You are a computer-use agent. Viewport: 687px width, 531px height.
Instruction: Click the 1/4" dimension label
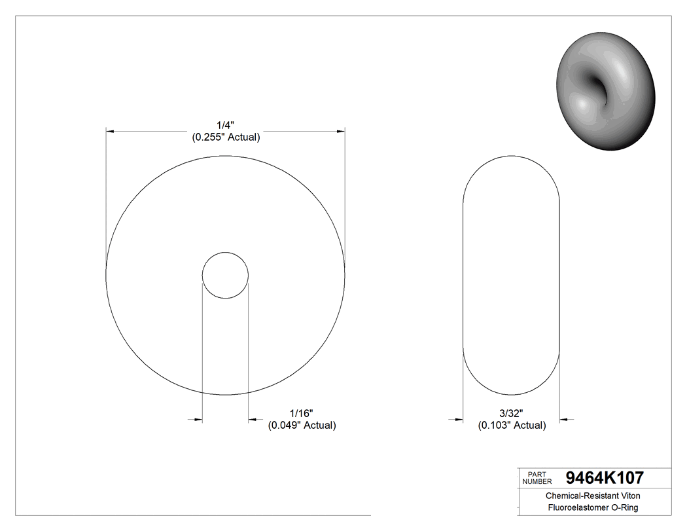tap(226, 124)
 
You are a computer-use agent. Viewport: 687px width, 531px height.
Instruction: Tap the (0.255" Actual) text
tap(226, 137)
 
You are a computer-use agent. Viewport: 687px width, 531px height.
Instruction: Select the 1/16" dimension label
tap(302, 413)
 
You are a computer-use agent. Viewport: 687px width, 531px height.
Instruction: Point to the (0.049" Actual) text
tap(302, 426)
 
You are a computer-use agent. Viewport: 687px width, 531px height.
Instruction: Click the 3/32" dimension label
tap(511, 413)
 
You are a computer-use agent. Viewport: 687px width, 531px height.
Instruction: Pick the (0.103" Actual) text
tap(511, 426)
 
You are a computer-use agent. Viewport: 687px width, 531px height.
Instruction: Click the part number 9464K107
tap(605, 477)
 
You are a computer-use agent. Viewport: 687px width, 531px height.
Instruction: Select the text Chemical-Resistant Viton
tap(593, 496)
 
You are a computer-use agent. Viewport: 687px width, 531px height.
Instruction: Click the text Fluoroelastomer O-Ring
tap(593, 508)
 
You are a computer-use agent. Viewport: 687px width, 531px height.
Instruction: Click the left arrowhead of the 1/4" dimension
tap(111, 132)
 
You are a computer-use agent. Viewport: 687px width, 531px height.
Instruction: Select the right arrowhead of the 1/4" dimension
tap(341, 132)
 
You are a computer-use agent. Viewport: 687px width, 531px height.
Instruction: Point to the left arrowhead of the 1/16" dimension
tap(198, 419)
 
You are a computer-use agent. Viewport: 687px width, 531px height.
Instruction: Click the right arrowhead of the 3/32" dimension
tap(564, 419)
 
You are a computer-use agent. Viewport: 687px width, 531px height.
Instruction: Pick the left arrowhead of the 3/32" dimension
tap(459, 419)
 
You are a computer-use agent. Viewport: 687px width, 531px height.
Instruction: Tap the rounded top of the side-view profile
tap(511, 157)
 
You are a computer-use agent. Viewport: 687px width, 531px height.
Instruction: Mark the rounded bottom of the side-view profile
tap(511, 394)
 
